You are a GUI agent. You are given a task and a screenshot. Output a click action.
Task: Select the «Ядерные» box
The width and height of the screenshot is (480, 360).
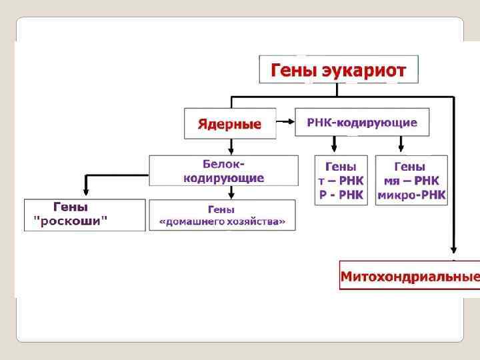coord(229,124)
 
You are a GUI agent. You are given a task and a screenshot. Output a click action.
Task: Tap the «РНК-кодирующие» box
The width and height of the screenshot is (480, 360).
coord(362,123)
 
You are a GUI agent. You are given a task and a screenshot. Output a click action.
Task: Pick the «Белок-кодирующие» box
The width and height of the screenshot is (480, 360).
coord(223,171)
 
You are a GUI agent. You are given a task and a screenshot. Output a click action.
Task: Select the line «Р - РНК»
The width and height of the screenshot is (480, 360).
coord(341,195)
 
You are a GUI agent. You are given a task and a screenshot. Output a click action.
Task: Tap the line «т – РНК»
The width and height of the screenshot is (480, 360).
coord(341,181)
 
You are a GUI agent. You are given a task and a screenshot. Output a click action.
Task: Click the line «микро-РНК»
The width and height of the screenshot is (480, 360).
coord(411,195)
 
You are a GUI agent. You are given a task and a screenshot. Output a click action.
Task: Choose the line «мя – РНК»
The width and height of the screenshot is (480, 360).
coord(411,181)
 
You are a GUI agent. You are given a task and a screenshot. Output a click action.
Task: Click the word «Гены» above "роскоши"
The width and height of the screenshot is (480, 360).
coord(70,207)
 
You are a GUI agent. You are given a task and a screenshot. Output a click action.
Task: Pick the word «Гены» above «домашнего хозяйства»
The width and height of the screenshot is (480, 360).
coord(221,209)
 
